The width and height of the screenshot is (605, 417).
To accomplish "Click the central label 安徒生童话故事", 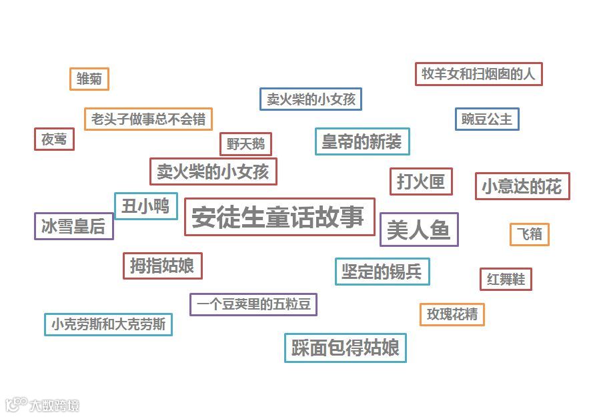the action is click(x=279, y=217).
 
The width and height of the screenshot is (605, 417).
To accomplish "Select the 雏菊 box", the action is click(x=89, y=79).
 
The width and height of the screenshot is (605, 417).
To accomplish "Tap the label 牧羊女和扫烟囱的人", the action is click(x=478, y=74).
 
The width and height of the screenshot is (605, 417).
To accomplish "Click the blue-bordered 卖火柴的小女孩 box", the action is click(x=311, y=99).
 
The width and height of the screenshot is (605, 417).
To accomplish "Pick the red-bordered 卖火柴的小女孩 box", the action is click(x=213, y=171).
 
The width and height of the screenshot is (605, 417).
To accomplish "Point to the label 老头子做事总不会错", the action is click(x=148, y=119).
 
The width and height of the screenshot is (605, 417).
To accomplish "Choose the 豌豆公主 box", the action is click(x=487, y=119).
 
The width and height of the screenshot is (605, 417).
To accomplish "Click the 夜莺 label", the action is click(x=54, y=139).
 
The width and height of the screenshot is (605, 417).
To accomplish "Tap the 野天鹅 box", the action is click(x=245, y=143).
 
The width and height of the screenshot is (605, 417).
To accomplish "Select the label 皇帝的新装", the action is click(x=362, y=141).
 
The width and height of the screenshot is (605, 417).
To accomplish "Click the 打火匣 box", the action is click(x=421, y=181).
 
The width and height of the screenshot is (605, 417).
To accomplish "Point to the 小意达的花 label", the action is click(x=522, y=187).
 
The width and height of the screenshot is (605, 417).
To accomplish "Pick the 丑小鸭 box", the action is click(x=145, y=206).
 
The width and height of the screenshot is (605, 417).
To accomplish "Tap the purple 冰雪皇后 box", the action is click(x=73, y=226).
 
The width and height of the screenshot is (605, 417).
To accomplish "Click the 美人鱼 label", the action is click(x=419, y=230).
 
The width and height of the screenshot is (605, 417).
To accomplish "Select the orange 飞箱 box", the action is click(x=529, y=234).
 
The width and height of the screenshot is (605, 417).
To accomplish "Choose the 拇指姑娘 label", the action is click(x=162, y=266).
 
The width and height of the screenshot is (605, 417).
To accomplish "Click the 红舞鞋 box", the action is click(x=506, y=279).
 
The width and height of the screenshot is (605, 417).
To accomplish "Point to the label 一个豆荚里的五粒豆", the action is click(x=253, y=304).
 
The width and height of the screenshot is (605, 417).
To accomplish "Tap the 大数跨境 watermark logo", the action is click(x=43, y=404).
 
